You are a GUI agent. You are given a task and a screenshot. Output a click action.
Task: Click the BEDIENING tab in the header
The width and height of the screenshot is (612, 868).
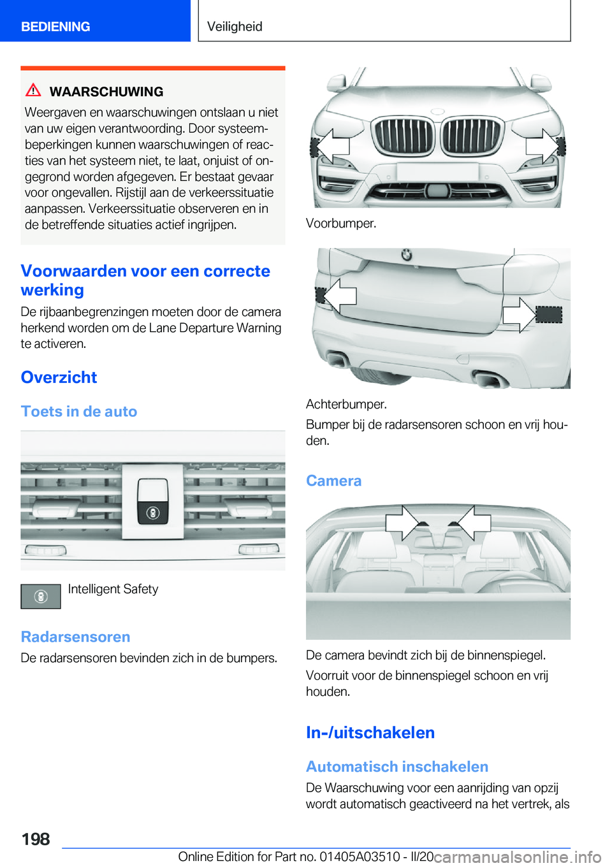(x=55, y=27)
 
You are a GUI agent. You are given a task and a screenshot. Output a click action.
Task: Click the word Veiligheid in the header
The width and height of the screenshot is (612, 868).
(x=235, y=27)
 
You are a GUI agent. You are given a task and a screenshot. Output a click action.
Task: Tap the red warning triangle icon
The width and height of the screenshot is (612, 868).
(x=33, y=90)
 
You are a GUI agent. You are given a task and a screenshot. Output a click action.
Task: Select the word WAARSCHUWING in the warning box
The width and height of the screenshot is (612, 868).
(x=106, y=92)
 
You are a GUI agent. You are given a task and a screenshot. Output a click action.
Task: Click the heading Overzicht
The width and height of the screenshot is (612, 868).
(x=59, y=377)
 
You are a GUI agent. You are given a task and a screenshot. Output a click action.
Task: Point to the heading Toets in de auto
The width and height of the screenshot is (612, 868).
(x=79, y=412)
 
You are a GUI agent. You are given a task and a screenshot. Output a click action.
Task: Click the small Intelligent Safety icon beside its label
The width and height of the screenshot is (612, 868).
(x=41, y=597)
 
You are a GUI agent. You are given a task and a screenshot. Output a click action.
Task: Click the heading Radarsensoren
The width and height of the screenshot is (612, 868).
(x=75, y=637)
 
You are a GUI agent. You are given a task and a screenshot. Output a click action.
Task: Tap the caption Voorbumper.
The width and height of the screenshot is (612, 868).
(x=341, y=224)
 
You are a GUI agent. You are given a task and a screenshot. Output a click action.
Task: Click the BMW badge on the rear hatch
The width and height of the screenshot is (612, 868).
(x=406, y=255)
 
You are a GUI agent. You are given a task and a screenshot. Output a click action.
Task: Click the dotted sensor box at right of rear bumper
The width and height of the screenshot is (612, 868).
(x=548, y=314)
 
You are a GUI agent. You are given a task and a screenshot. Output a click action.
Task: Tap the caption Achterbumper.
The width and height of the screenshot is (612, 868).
(x=346, y=404)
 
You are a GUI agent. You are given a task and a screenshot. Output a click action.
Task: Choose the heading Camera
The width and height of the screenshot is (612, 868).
(x=333, y=481)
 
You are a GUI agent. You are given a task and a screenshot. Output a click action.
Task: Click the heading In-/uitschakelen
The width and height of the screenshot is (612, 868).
(x=370, y=733)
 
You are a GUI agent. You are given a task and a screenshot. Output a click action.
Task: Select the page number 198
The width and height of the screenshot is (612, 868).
(x=36, y=839)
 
